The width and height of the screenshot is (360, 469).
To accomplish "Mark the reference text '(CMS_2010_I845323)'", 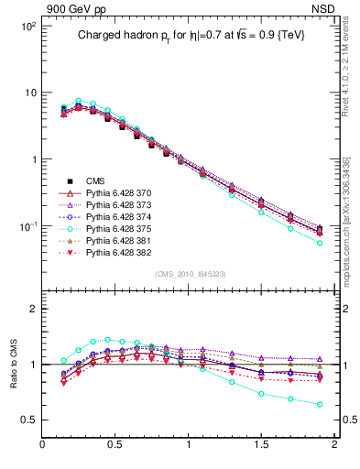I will point(189,273).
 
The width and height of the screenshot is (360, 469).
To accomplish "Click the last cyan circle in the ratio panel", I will point(320,404).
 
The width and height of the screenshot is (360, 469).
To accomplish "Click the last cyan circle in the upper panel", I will point(320,243).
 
